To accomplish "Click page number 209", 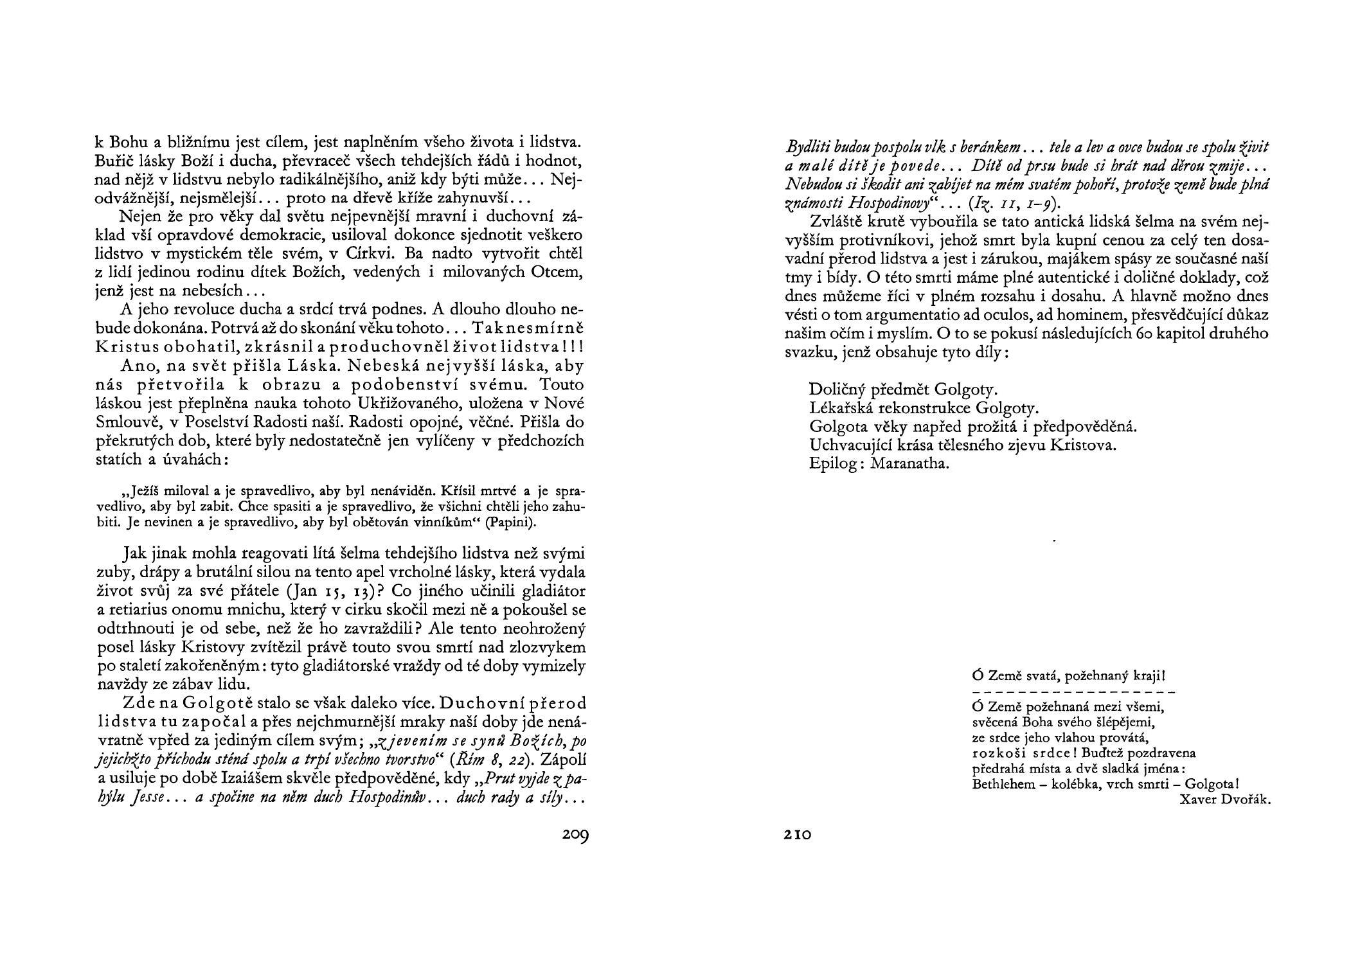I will [575, 835].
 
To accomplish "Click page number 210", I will [798, 835].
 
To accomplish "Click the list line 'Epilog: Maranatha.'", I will [879, 463].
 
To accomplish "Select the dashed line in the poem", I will [1073, 692].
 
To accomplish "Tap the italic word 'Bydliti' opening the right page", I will [808, 147].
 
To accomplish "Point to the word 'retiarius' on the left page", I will [136, 609].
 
